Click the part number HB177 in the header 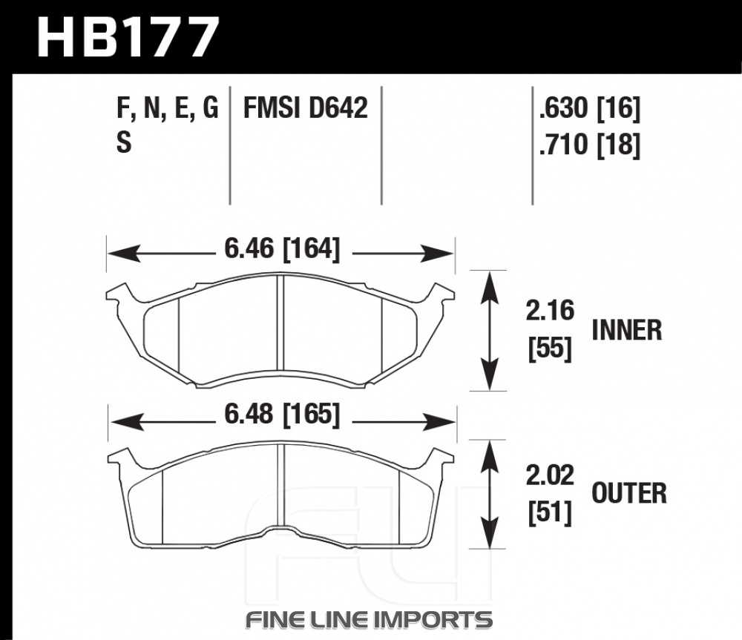point(128,37)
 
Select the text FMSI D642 point(305,108)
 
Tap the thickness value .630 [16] point(590,108)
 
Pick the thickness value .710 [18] point(590,145)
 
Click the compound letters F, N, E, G point(167,109)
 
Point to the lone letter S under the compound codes point(123,142)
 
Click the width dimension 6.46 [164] point(282,248)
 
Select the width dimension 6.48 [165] point(282,415)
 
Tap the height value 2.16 point(550,311)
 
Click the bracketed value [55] point(550,349)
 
